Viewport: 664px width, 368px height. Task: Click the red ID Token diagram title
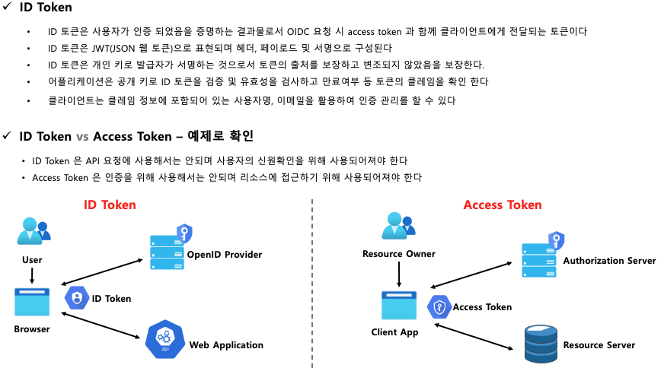coord(110,205)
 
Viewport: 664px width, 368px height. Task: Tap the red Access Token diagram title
coord(503,205)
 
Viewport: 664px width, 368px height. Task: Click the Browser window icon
coord(32,302)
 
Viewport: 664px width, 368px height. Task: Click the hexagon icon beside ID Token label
coord(76,298)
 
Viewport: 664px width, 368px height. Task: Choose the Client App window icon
coord(399,306)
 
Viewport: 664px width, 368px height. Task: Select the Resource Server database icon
coord(541,344)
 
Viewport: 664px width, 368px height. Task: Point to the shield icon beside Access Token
coord(440,306)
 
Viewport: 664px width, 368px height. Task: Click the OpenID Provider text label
coord(225,255)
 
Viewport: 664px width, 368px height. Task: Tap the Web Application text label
coord(226,345)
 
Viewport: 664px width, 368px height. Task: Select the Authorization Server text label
coord(609,261)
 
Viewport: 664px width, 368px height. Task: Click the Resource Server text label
coord(599,345)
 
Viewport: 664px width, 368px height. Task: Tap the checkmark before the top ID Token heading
coord(6,8)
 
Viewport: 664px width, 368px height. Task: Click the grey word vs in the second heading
coord(83,136)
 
